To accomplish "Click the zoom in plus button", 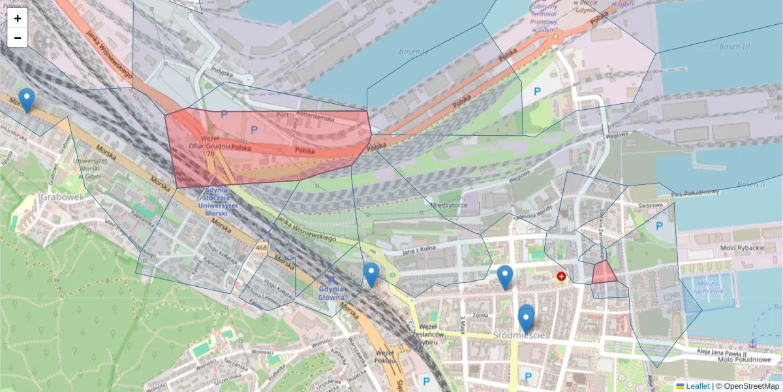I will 18,18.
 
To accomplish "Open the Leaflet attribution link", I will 697,386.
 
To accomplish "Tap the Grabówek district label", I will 62,196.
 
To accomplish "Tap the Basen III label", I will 735,46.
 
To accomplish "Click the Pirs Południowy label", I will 695,193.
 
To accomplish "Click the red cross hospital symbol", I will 561,276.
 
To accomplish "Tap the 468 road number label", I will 262,247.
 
